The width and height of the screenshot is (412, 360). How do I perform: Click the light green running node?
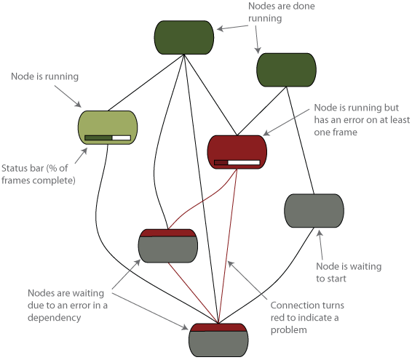click(x=108, y=127)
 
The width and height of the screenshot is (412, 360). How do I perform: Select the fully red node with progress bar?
click(x=237, y=152)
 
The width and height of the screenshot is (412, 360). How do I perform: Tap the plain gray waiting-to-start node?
click(x=314, y=211)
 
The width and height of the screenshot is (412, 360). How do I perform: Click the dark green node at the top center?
click(x=184, y=37)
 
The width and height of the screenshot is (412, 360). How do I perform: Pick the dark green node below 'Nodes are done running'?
click(x=286, y=70)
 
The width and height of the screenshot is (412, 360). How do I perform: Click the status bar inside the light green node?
click(x=108, y=138)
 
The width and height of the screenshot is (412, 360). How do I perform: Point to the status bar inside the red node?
click(x=237, y=162)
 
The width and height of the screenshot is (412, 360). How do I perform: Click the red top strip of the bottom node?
click(x=218, y=327)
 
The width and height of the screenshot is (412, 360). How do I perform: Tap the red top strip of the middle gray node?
click(x=168, y=233)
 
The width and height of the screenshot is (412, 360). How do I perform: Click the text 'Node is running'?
click(x=44, y=76)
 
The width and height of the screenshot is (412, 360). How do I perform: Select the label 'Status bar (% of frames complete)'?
click(x=39, y=174)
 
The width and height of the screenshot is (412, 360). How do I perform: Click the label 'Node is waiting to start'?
click(x=349, y=272)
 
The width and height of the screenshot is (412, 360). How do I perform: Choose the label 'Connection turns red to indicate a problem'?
click(x=307, y=318)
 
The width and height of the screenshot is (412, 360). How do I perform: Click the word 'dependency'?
click(x=54, y=318)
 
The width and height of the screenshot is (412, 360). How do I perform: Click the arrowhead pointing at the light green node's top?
click(x=78, y=104)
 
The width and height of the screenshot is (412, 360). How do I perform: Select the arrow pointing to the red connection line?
click(x=247, y=280)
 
